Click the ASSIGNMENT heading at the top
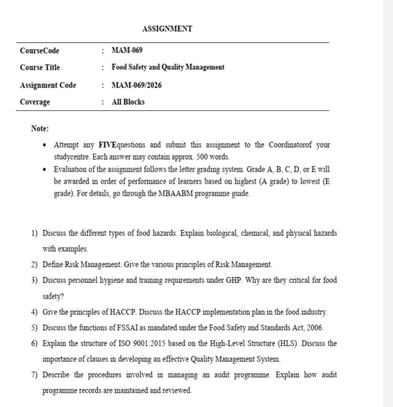click(x=167, y=29)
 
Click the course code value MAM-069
click(x=127, y=50)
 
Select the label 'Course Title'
click(x=40, y=67)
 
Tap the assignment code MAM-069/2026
click(x=136, y=85)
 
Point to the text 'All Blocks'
click(x=128, y=102)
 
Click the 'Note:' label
click(x=40, y=129)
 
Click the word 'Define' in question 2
click(x=52, y=265)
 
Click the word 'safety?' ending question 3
click(x=53, y=296)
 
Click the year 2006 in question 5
click(x=315, y=328)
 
